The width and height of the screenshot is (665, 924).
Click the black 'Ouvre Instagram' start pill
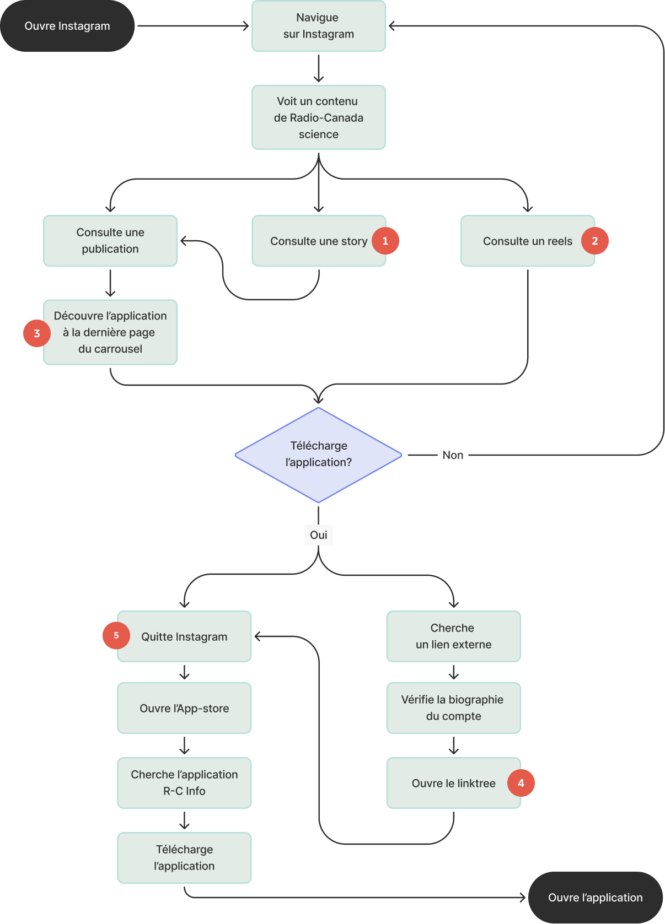pyautogui.click(x=67, y=25)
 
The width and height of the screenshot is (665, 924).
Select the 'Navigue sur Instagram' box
pyautogui.click(x=318, y=25)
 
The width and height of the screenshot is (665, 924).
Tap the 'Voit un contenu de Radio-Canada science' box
pyautogui.click(x=318, y=117)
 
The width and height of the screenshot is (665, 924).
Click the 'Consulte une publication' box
pyautogui.click(x=110, y=240)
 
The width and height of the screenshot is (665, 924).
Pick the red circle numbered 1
pyautogui.click(x=385, y=240)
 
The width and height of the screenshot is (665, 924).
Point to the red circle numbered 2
pyautogui.click(x=594, y=240)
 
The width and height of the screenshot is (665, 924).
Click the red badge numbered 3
pyautogui.click(x=37, y=333)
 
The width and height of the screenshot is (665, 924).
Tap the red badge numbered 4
pyautogui.click(x=521, y=782)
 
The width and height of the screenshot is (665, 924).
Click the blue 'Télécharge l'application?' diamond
pyautogui.click(x=318, y=455)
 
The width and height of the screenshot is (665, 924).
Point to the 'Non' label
pyautogui.click(x=452, y=455)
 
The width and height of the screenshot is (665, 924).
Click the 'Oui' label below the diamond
pyautogui.click(x=318, y=534)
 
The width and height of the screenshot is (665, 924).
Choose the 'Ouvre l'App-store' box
pyautogui.click(x=184, y=707)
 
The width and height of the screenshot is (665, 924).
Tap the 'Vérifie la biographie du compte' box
pyautogui.click(x=453, y=707)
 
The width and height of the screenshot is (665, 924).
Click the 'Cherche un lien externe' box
pyautogui.click(x=453, y=636)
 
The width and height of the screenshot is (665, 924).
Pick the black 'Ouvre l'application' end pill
pyautogui.click(x=595, y=897)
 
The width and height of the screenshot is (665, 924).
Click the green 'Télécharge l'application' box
pyautogui.click(x=184, y=857)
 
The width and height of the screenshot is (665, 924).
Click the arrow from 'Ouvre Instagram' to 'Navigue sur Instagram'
pyautogui.click(x=193, y=25)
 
